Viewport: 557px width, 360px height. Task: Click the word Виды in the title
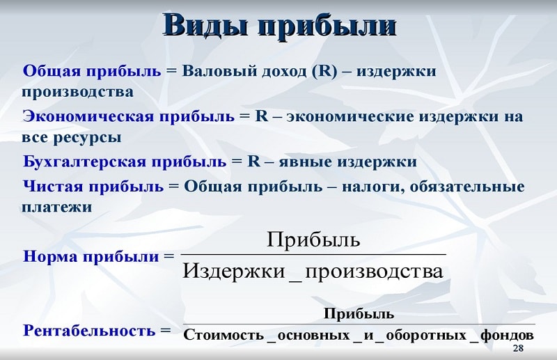(205, 25)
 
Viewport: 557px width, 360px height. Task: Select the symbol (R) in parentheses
(324, 71)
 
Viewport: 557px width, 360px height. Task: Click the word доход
(284, 72)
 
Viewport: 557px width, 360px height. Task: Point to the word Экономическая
(88, 116)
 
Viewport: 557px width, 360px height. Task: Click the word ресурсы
(87, 138)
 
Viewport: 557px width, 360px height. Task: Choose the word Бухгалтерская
(85, 162)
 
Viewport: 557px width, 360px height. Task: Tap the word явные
(305, 162)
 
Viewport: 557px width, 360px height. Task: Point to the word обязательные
(467, 187)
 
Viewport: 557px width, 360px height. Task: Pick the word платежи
(57, 208)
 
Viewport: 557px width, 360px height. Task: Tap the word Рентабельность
(89, 331)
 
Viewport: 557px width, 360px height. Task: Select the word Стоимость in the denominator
(223, 335)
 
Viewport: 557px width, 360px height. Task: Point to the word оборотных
(426, 336)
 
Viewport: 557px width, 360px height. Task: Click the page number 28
(518, 348)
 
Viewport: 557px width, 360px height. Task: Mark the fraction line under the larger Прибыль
(314, 254)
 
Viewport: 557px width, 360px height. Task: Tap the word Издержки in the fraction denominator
(234, 272)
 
